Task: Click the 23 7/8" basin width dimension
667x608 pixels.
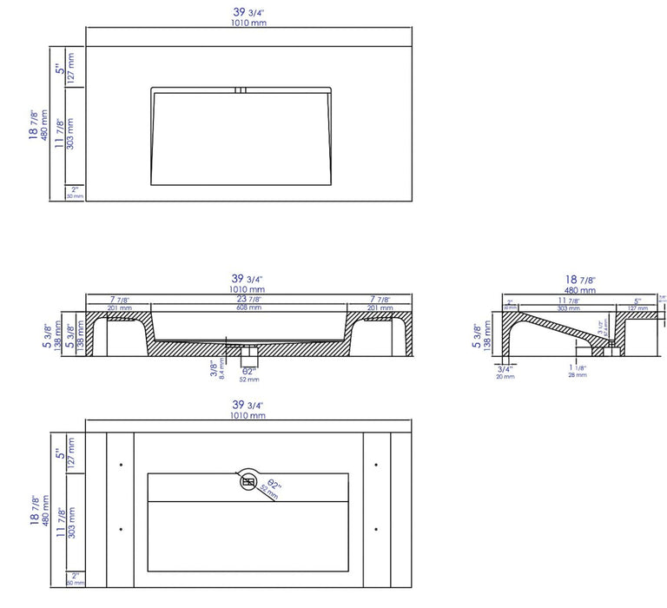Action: pyautogui.click(x=248, y=299)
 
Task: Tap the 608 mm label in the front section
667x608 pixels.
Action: pyautogui.click(x=248, y=307)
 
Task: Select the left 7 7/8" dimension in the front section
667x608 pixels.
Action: pyautogui.click(x=118, y=299)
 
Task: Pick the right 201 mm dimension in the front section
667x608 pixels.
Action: pyautogui.click(x=380, y=307)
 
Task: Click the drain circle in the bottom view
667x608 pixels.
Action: pyautogui.click(x=249, y=482)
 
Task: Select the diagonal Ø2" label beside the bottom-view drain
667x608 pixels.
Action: pyautogui.click(x=272, y=487)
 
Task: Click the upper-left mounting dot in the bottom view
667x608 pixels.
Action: pyautogui.click(x=120, y=461)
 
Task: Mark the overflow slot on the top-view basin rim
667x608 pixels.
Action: pyautogui.click(x=241, y=89)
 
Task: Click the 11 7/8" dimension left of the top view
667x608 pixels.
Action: pyautogui.click(x=59, y=133)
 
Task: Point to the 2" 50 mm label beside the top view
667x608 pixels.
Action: pyautogui.click(x=76, y=192)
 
